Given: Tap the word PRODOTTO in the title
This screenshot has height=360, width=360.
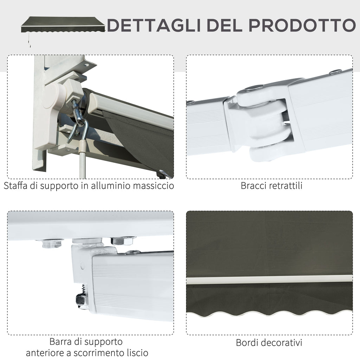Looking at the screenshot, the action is click(302, 25).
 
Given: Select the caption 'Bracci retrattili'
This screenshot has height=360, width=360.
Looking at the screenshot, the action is click(271, 186).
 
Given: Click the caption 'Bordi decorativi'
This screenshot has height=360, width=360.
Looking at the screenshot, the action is click(269, 342).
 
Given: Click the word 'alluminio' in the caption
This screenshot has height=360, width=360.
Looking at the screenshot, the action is click(111, 186).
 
